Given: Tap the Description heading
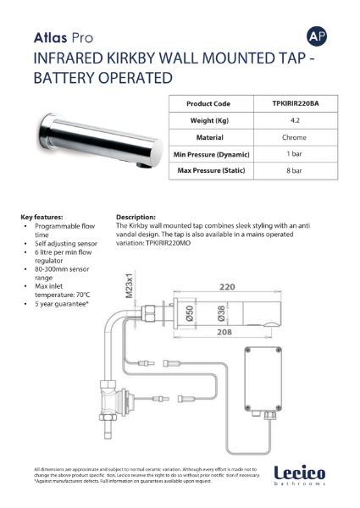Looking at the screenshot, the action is point(136,217).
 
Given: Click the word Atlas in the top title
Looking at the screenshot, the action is point(50,38).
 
